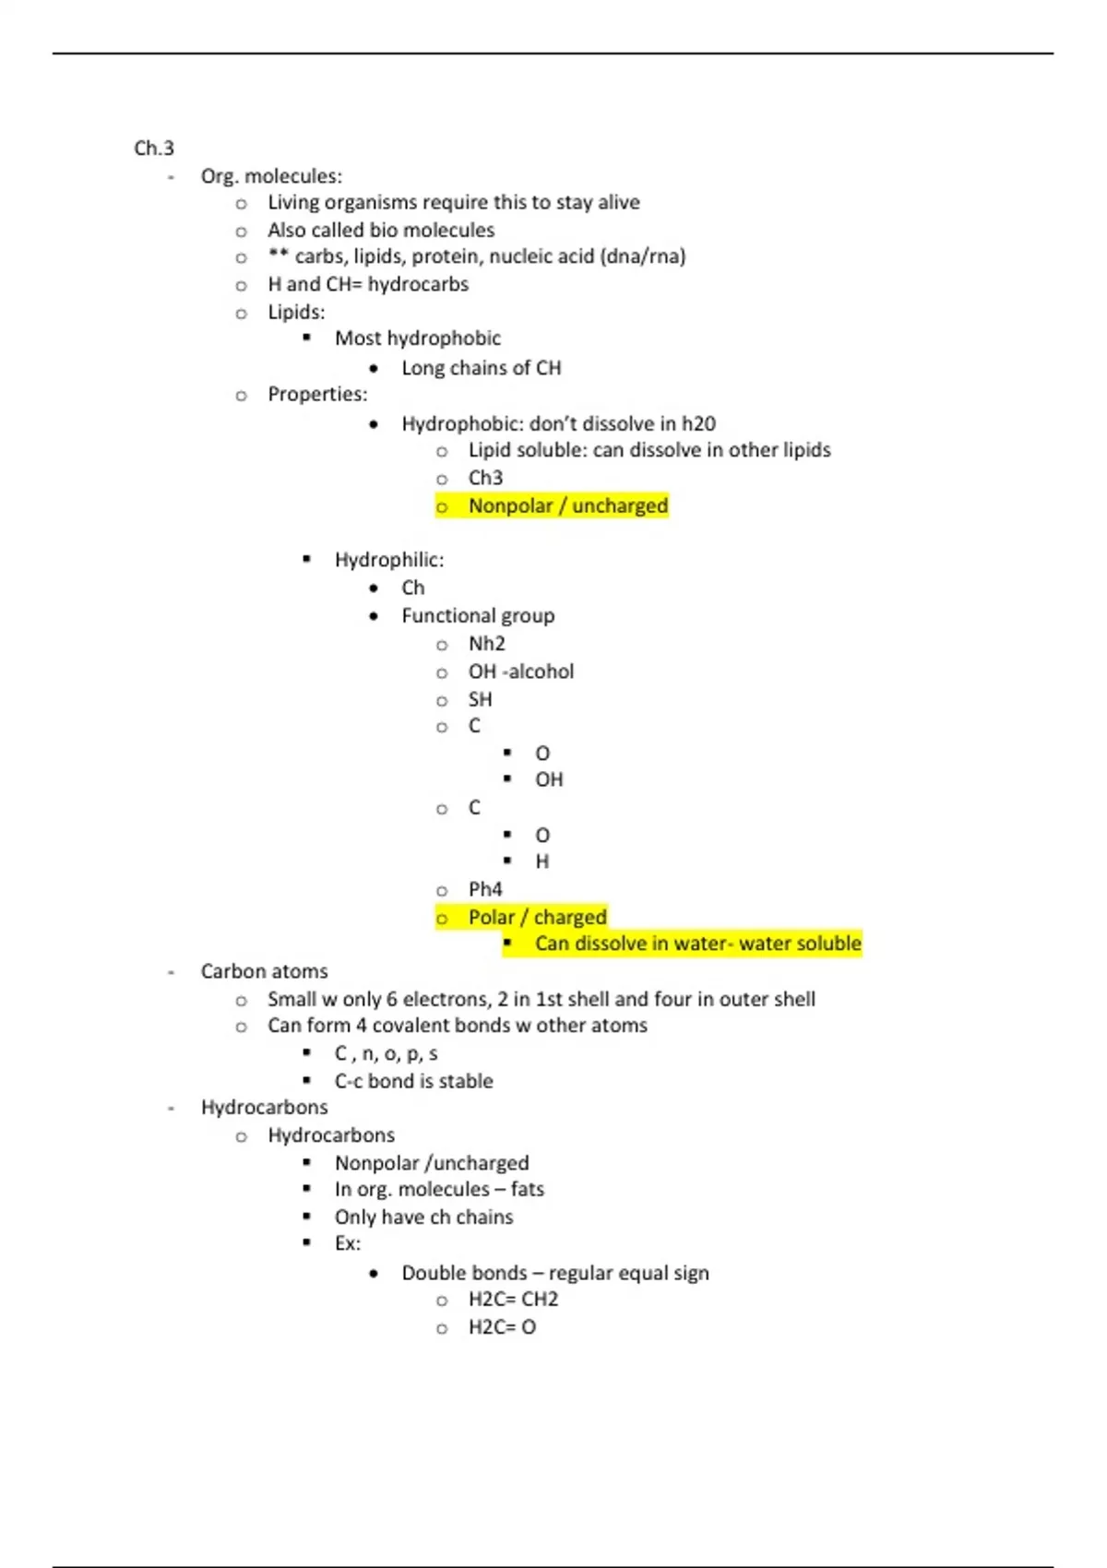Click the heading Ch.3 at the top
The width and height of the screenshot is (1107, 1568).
click(x=154, y=148)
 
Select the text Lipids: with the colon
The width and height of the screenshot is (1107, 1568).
click(x=296, y=312)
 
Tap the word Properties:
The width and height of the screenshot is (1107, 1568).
click(x=317, y=394)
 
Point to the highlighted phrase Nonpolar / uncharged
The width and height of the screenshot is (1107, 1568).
click(x=567, y=505)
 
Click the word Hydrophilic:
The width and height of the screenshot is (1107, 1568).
click(x=388, y=560)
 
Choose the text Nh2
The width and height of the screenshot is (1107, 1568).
click(x=486, y=643)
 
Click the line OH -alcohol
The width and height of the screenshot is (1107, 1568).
click(x=520, y=671)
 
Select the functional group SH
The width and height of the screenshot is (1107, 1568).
click(x=480, y=699)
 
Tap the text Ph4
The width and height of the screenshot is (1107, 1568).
click(x=485, y=889)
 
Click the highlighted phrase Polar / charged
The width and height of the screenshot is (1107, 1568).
click(x=537, y=917)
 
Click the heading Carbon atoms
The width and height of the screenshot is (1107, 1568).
click(x=264, y=971)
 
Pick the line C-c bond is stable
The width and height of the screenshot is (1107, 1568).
click(x=413, y=1081)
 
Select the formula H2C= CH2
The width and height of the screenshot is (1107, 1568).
click(x=513, y=1300)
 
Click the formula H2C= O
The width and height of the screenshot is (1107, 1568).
click(x=502, y=1327)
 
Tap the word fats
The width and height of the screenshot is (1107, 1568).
click(x=528, y=1189)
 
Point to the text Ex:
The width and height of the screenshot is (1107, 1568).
click(x=348, y=1243)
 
